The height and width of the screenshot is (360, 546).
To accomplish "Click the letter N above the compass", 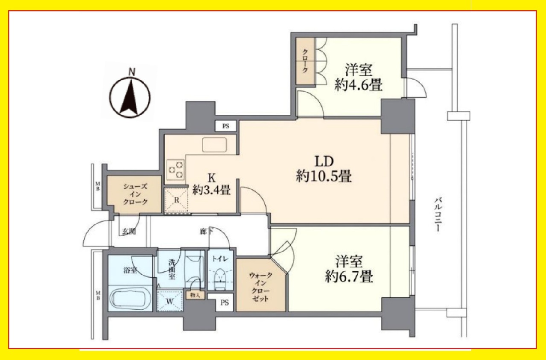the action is (x=132, y=72).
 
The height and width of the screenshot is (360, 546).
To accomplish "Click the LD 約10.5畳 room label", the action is (x=324, y=169).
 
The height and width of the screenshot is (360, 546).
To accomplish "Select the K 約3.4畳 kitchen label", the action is (x=211, y=184).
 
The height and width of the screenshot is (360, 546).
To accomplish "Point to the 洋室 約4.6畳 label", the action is (x=358, y=78).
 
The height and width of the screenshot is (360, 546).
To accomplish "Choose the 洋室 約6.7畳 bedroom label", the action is (x=349, y=269).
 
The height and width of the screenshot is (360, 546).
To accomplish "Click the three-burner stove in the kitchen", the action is (x=175, y=170).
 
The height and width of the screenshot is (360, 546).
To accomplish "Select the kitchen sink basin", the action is (x=214, y=145).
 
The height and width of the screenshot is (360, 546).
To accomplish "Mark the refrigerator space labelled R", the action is (x=176, y=200).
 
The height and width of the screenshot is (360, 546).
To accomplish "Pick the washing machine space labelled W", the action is (x=169, y=301).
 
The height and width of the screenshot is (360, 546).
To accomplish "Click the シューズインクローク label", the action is (x=135, y=194).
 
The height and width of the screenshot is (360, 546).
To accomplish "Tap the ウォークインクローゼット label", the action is (x=260, y=287).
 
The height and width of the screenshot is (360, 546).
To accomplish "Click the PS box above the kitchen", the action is (x=226, y=126).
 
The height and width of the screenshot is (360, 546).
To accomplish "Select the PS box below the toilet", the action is (x=225, y=302).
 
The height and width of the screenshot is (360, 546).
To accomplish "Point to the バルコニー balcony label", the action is (x=438, y=215).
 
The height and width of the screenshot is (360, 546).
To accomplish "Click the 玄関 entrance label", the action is (x=128, y=232).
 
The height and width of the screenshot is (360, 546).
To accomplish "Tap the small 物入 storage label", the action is (x=195, y=295).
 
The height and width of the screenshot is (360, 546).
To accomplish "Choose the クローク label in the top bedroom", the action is (x=305, y=61).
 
